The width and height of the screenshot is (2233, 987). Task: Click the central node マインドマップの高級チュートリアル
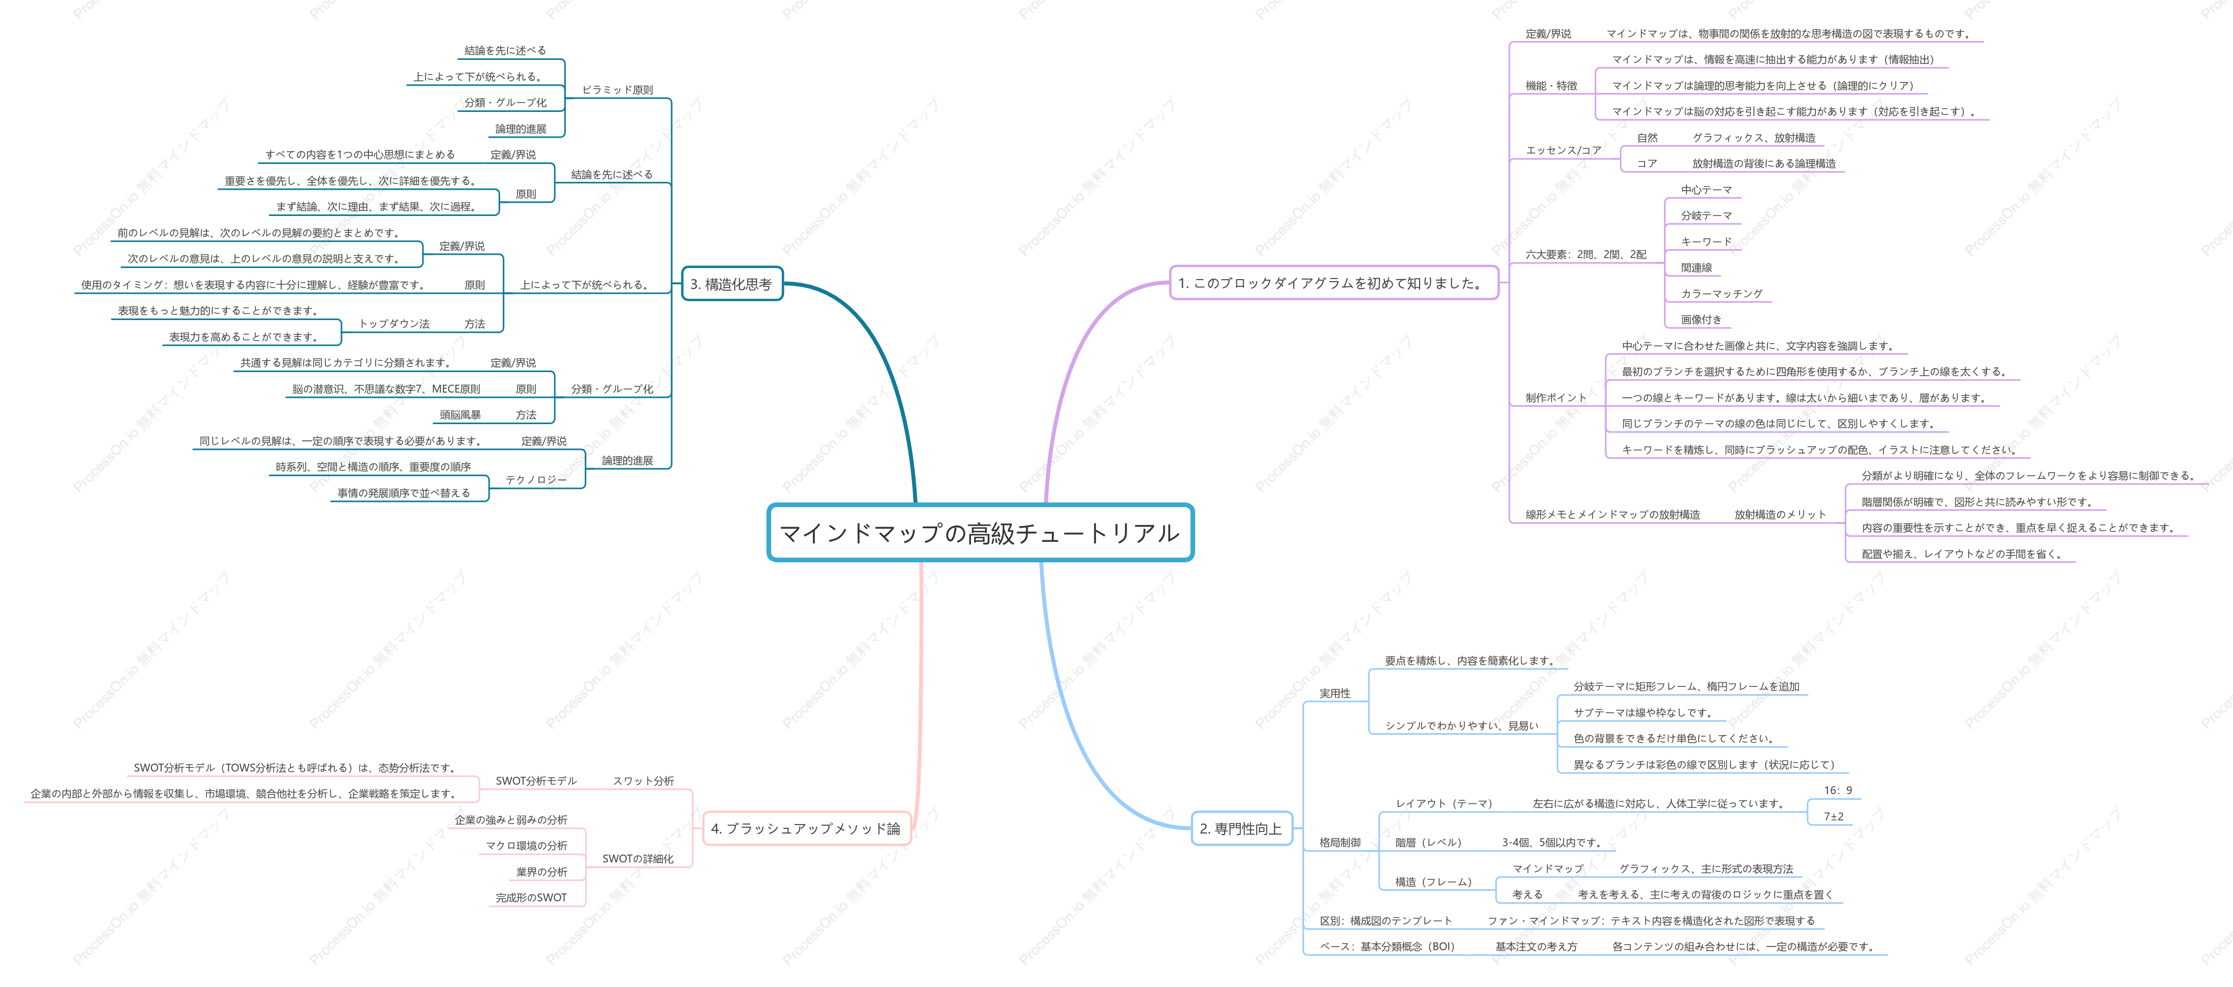click(x=980, y=532)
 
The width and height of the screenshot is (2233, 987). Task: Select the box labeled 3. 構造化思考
click(x=731, y=284)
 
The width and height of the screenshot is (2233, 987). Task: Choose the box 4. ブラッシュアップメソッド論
click(x=805, y=828)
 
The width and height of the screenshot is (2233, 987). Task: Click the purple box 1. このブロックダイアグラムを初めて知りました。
click(x=1333, y=283)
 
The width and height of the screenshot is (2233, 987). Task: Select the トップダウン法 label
click(x=395, y=324)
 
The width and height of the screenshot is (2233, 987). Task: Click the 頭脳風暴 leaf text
click(x=460, y=415)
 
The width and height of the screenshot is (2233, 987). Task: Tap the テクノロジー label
click(x=536, y=480)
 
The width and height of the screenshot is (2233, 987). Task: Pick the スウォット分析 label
click(x=643, y=780)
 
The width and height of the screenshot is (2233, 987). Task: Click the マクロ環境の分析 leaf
click(x=526, y=846)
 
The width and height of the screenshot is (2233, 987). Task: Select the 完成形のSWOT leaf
click(x=531, y=898)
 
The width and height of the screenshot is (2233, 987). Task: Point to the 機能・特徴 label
click(x=1551, y=86)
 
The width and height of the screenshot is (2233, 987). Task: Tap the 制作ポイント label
click(x=1556, y=398)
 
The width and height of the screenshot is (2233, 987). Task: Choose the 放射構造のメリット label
click(x=1780, y=515)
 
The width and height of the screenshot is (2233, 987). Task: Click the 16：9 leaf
click(x=1838, y=790)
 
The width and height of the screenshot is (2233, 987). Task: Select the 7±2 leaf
click(x=1833, y=816)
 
